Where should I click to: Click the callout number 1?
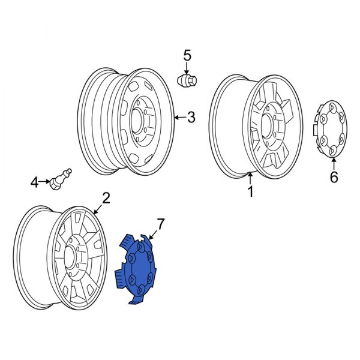[x=250, y=191]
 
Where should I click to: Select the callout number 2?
[x=106, y=198]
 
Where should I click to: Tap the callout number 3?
[x=191, y=118]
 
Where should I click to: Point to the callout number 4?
[x=35, y=181]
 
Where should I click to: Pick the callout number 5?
[x=187, y=56]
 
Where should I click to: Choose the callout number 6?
[x=334, y=177]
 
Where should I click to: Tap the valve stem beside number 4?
[x=61, y=178]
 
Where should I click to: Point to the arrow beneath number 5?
[x=187, y=68]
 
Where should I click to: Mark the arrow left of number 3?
[x=179, y=118]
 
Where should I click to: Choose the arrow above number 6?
[x=334, y=164]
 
